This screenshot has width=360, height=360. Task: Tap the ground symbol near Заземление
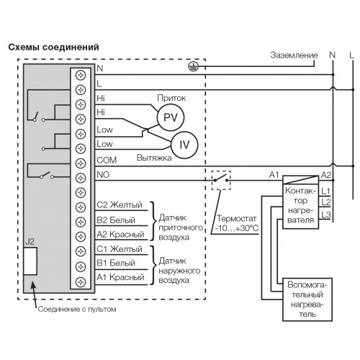point(193,66)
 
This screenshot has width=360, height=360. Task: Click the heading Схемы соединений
point(53,47)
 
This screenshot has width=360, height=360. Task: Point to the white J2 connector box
point(30,261)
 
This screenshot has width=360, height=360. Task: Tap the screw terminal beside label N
point(81,75)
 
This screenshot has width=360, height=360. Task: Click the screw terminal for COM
point(81,163)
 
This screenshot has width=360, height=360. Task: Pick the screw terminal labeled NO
point(81,178)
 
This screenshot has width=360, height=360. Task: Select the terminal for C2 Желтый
point(81,207)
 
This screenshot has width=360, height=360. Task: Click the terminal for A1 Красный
point(81,282)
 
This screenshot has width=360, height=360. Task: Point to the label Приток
point(171,98)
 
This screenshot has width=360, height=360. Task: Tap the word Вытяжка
point(154,158)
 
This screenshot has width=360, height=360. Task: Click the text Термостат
point(237,218)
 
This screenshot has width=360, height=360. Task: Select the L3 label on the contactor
point(326,215)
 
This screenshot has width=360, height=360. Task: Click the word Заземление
point(294,55)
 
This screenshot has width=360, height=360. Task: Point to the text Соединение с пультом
point(77,309)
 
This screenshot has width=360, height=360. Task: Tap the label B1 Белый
point(116,263)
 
